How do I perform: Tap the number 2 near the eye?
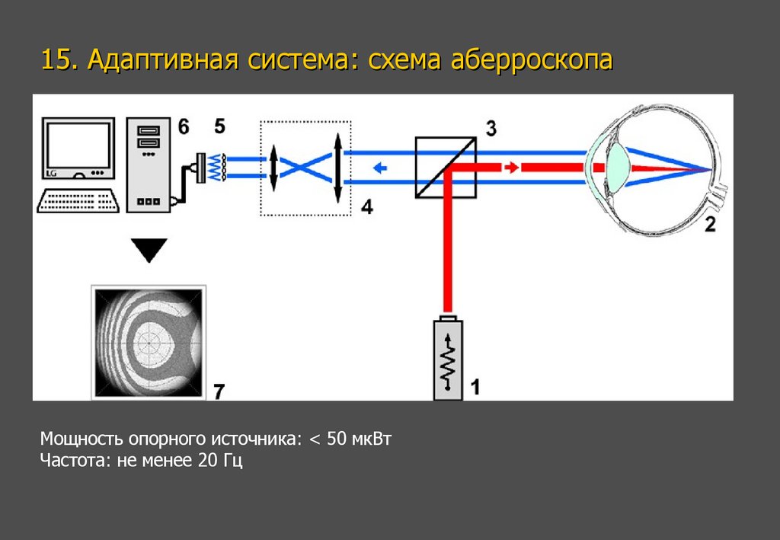[710, 224]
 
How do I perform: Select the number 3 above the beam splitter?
[491, 128]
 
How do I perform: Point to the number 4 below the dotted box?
[367, 206]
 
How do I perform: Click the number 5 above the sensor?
[219, 126]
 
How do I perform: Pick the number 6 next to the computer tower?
[184, 126]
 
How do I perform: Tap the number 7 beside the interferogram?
[219, 391]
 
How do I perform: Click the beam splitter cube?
[446, 168]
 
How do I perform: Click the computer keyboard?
[78, 200]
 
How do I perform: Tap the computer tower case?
[149, 164]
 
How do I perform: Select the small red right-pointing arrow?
[511, 167]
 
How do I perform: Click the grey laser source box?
[448, 358]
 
